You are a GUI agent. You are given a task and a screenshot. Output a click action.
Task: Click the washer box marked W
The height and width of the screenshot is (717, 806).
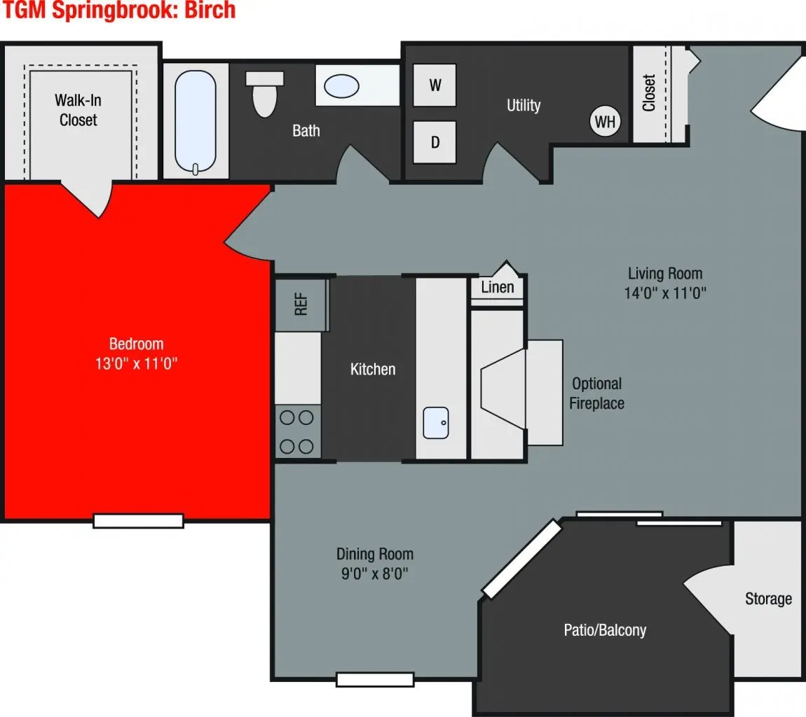click(435, 85)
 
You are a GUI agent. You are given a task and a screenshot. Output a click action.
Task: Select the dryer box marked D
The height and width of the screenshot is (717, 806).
click(435, 142)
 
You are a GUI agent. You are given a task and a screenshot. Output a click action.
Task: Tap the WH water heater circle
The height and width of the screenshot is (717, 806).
click(605, 122)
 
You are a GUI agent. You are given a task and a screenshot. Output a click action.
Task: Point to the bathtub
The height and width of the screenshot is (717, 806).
click(196, 121)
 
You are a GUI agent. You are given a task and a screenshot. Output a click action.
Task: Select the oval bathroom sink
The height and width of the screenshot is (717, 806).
click(341, 86)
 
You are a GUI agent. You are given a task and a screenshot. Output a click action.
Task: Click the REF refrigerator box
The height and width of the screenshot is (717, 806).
click(301, 305)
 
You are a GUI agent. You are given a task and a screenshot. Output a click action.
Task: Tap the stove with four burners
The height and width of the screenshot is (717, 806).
click(297, 431)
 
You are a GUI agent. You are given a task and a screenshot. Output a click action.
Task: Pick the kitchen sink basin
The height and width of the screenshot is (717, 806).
click(435, 422)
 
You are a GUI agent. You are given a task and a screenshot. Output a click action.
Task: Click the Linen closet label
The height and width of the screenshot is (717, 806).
click(498, 286)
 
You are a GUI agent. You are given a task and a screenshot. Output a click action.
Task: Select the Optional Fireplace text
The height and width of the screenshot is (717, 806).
click(596, 394)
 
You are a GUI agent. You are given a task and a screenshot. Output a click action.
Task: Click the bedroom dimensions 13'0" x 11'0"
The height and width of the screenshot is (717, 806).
click(137, 363)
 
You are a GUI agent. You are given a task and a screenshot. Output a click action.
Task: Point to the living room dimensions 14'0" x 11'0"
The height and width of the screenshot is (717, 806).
click(664, 293)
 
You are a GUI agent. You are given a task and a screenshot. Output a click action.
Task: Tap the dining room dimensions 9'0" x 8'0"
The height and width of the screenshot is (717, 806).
click(375, 574)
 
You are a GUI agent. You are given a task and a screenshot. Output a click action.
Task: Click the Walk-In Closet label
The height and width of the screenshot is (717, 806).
click(78, 110)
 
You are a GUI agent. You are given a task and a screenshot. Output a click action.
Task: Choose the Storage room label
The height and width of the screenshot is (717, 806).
click(768, 599)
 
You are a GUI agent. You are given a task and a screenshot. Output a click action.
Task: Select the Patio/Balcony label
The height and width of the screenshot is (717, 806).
click(605, 629)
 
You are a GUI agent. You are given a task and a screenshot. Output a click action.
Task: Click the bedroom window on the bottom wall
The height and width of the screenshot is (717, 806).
click(138, 520)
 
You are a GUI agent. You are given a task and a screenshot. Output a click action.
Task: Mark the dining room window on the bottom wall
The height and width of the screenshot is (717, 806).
click(375, 679)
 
